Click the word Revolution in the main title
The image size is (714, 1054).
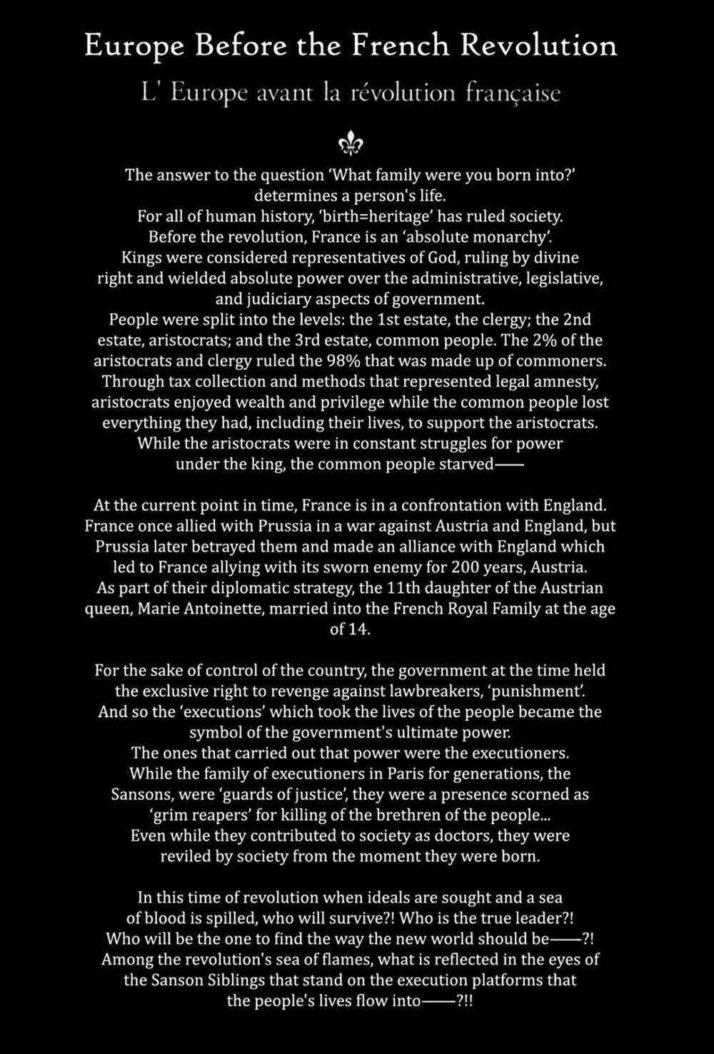click(538, 46)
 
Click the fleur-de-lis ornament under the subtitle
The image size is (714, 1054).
click(351, 145)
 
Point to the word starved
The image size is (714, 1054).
click(466, 464)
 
